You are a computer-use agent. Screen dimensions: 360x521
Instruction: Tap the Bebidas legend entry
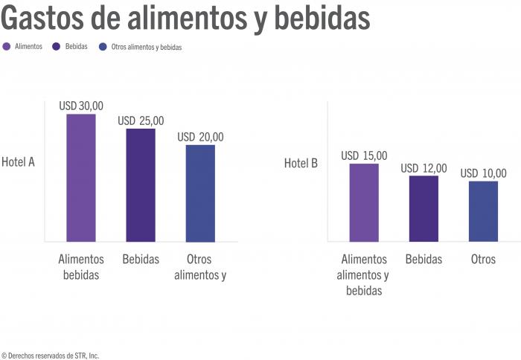point(71,46)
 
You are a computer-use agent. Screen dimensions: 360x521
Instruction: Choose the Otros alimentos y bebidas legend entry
point(141,47)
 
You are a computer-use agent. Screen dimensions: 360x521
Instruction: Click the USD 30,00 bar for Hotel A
point(81,178)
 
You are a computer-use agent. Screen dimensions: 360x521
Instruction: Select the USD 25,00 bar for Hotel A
point(141,185)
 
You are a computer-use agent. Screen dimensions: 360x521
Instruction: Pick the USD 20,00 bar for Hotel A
point(200,193)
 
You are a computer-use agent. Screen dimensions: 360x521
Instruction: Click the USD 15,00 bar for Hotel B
point(364,202)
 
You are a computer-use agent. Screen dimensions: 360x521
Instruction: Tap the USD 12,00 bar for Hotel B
point(423,208)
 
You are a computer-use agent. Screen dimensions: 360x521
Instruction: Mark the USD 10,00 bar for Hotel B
point(483,211)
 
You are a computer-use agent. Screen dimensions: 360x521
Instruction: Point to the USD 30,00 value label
point(81,106)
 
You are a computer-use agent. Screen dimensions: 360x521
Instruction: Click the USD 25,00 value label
point(141,120)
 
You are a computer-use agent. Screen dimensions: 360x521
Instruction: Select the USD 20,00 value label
point(200,137)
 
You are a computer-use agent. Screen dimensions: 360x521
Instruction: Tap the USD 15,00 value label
point(364,155)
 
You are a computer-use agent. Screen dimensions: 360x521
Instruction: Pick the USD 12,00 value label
point(423,168)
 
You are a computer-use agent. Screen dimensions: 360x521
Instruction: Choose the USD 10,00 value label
point(483,173)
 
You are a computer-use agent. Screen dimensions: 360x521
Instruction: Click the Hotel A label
point(19,162)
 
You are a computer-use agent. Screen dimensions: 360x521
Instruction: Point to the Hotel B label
point(301,162)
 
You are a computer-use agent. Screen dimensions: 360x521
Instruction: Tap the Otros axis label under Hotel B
point(483,260)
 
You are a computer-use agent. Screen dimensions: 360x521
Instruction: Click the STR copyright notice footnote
point(50,356)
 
